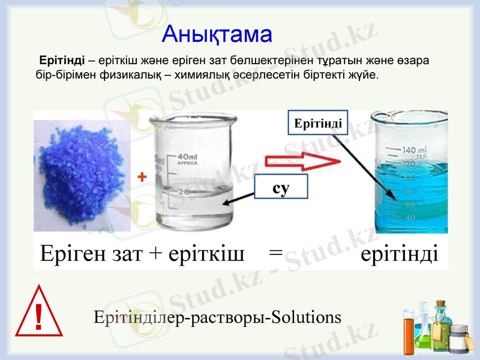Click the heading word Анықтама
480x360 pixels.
click(x=217, y=34)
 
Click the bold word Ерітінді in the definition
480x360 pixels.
click(x=61, y=61)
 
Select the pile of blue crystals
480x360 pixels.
click(x=81, y=174)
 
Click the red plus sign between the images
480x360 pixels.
click(x=142, y=177)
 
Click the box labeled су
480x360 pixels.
click(x=281, y=187)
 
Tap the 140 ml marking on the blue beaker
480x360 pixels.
click(x=414, y=150)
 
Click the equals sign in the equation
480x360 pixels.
click(x=275, y=253)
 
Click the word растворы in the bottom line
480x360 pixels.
click(x=229, y=317)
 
